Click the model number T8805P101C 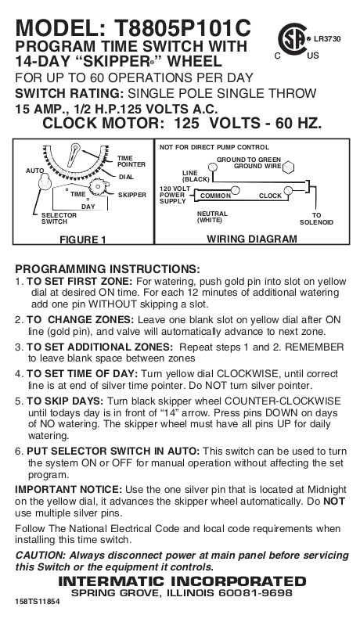[x=182, y=28]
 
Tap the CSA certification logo [x=293, y=39]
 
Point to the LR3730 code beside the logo [x=327, y=39]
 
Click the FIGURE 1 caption [x=83, y=239]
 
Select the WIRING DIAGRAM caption [x=252, y=239]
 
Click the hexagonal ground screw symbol [x=288, y=168]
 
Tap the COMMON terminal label [x=215, y=196]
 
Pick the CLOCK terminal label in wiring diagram [x=270, y=196]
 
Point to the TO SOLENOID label [x=316, y=218]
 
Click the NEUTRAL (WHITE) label [x=212, y=217]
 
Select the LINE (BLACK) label [x=196, y=176]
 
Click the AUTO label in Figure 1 [x=34, y=171]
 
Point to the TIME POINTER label [x=131, y=161]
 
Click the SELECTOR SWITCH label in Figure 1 [x=59, y=218]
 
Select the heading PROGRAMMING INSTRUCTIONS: [x=107, y=268]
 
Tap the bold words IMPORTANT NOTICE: [x=69, y=490]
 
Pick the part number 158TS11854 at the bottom [x=38, y=602]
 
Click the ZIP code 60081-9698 [x=255, y=593]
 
